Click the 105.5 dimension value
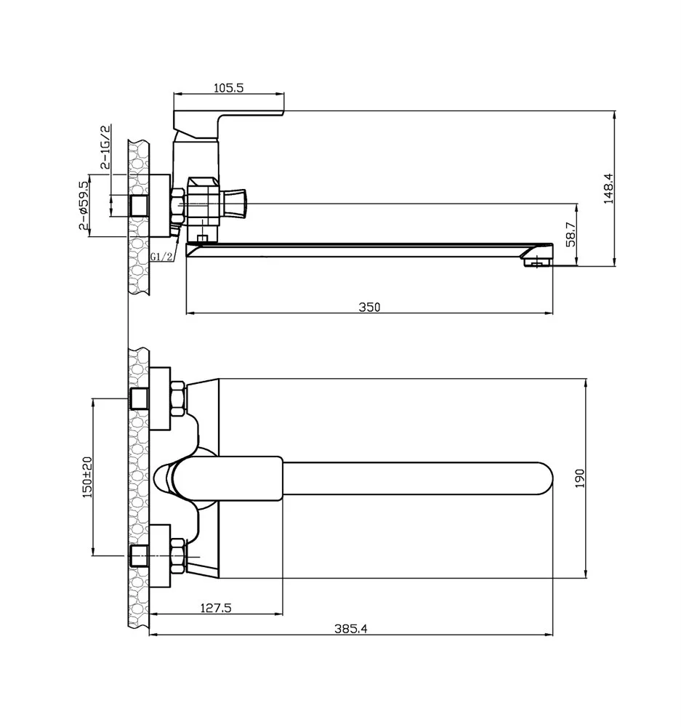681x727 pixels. (x=228, y=87)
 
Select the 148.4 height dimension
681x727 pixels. (x=608, y=188)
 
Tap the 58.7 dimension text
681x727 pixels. (x=571, y=234)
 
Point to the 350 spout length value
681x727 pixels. (x=369, y=307)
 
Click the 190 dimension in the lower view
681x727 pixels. (x=580, y=478)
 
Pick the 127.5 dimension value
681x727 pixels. (x=216, y=607)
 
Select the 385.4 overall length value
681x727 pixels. (x=351, y=629)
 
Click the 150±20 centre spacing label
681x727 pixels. (x=87, y=477)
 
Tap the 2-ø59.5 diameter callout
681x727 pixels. (x=84, y=206)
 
